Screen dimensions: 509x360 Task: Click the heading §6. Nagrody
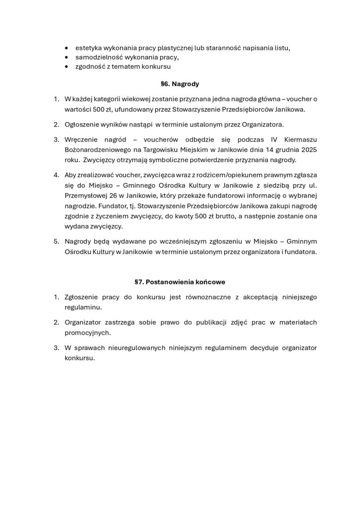(180, 84)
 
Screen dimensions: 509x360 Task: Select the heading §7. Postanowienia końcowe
(180, 282)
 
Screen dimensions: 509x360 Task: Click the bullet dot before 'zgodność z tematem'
(66, 67)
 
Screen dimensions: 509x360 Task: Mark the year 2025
(308, 149)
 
